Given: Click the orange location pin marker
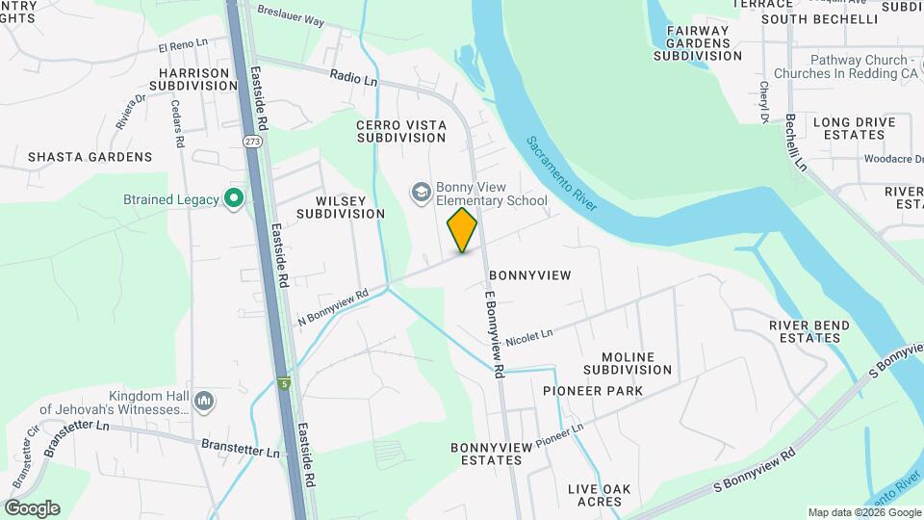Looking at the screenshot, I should [x=463, y=229].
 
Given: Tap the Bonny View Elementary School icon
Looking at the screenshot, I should [x=421, y=193].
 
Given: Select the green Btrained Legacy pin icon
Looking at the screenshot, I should [x=233, y=199].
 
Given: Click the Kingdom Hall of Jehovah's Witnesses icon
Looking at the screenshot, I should [x=204, y=401].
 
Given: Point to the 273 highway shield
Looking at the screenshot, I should [x=252, y=141].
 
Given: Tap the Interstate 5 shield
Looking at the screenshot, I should [x=284, y=383].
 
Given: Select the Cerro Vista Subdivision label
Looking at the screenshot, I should [x=401, y=131].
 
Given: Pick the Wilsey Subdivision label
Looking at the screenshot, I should [x=341, y=206].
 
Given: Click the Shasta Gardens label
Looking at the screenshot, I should [x=90, y=156].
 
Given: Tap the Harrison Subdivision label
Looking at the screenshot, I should [x=195, y=79].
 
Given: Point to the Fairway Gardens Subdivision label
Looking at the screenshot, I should [x=698, y=43].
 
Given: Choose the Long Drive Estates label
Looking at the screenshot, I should [x=854, y=128].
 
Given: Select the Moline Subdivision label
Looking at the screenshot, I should [x=628, y=363].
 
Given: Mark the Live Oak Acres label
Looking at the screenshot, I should [x=599, y=495].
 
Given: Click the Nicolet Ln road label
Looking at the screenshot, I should [x=528, y=336].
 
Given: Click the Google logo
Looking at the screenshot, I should [x=32, y=508].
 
